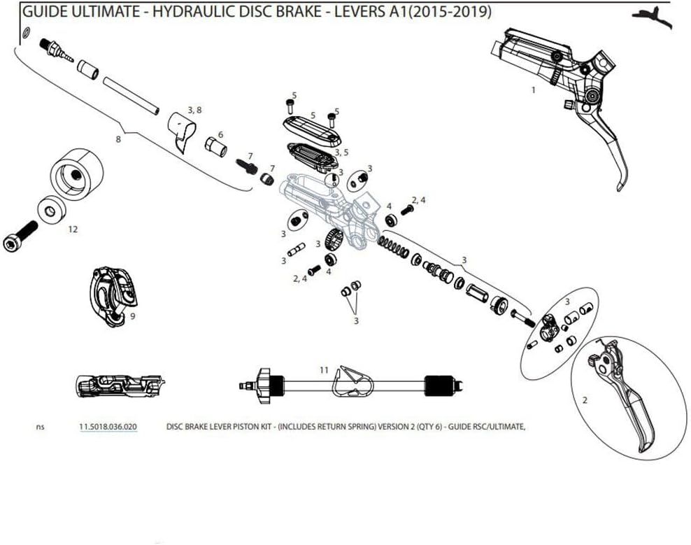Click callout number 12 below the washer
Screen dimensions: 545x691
(x=73, y=229)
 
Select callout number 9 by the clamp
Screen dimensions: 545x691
(x=132, y=316)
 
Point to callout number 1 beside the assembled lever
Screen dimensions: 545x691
(x=534, y=90)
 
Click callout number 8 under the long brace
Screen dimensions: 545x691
(x=118, y=139)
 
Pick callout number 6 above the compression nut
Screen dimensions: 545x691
(x=220, y=134)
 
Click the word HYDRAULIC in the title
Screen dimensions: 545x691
(x=184, y=13)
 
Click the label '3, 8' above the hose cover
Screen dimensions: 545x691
(x=194, y=110)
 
